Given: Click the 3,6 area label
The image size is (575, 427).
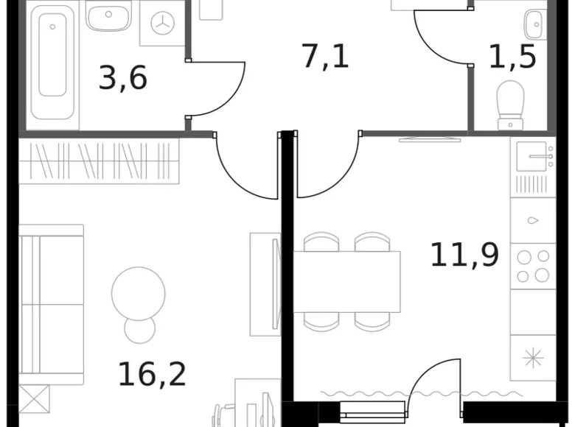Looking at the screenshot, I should (123, 77).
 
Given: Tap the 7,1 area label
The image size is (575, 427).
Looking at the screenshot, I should (325, 56).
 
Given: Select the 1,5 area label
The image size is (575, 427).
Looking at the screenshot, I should (512, 56).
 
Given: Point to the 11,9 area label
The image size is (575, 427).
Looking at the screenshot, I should (464, 255).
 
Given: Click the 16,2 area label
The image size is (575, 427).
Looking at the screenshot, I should (152, 374).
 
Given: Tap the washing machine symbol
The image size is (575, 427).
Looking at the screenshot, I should (161, 24).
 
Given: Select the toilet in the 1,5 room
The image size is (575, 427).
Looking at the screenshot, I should (510, 103).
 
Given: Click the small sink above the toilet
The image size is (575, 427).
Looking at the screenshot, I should (534, 24).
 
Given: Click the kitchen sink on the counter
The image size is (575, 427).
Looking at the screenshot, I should (532, 156).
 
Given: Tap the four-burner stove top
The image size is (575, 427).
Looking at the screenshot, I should (533, 266).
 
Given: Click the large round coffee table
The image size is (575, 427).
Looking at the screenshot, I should (138, 293).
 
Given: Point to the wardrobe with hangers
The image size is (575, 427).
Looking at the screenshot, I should (99, 161).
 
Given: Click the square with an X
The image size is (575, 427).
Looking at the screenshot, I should (34, 398).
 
